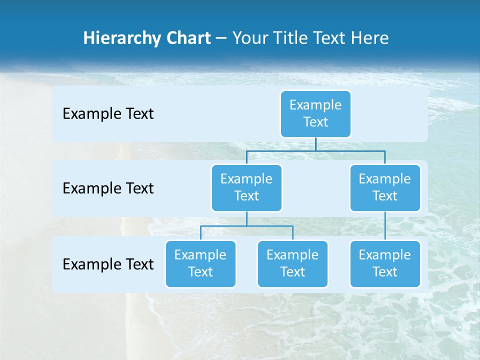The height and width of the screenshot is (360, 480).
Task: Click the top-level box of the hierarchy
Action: click(x=315, y=113)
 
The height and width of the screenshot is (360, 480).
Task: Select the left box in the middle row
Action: click(x=246, y=187)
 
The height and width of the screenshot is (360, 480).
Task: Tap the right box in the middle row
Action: click(x=385, y=187)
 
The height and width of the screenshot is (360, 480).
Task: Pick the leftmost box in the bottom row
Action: click(x=200, y=263)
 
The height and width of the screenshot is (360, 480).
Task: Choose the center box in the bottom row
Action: click(x=292, y=263)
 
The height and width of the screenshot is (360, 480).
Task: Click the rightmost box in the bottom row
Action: click(x=385, y=263)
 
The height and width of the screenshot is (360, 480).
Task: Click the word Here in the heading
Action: click(x=370, y=38)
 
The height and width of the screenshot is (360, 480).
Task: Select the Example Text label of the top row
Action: click(x=108, y=113)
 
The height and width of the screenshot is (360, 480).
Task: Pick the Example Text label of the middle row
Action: click(x=108, y=188)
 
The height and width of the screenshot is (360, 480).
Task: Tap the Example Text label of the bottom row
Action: click(x=108, y=264)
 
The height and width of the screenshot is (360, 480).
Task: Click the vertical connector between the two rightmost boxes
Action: click(x=385, y=225)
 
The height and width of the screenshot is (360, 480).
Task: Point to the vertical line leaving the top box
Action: click(x=315, y=144)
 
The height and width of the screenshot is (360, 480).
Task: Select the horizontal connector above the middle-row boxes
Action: click(x=315, y=150)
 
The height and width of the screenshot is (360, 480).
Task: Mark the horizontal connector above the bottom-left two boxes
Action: click(x=246, y=226)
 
